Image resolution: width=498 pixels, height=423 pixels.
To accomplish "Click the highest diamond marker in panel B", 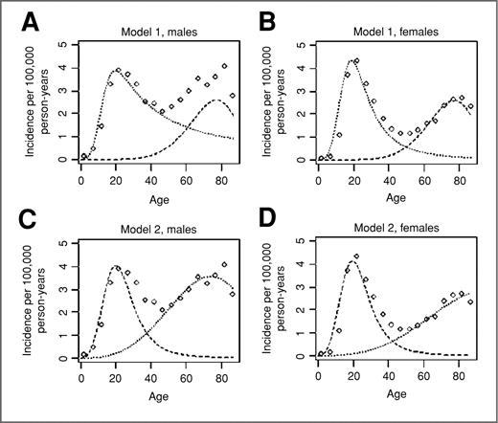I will tap(356, 61).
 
